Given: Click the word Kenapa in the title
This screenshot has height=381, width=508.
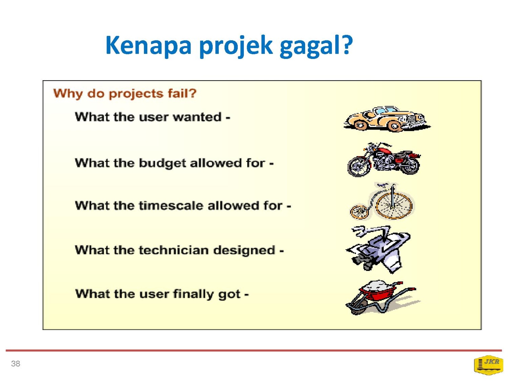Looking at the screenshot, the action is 148,46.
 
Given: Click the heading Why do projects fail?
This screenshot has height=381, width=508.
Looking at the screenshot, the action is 124,94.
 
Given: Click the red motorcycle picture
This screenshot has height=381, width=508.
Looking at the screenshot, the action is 383,160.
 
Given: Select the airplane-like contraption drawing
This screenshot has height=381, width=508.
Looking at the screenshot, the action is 378,249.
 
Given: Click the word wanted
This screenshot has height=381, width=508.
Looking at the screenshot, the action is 197,117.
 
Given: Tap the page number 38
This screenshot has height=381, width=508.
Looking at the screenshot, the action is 16,364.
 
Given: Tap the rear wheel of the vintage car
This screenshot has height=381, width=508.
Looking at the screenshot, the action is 360,125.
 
